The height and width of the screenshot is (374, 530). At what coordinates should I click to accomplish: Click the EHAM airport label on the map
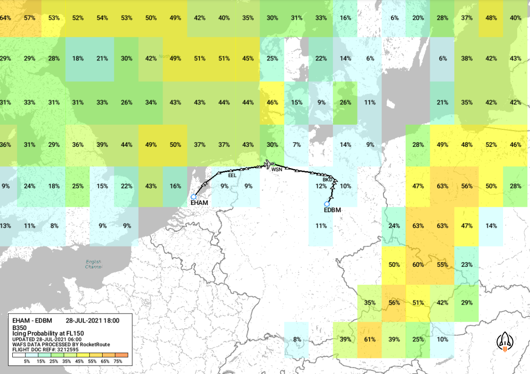[x=200, y=203]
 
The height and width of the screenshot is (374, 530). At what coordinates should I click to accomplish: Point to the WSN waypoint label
[x=277, y=169]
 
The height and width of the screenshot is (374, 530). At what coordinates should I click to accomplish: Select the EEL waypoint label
[x=232, y=175]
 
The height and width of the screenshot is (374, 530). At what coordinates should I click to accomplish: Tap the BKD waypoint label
[x=328, y=180]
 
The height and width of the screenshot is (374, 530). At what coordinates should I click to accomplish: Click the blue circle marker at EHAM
[x=193, y=196]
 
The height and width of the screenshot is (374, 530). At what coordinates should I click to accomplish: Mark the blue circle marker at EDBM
[x=327, y=204]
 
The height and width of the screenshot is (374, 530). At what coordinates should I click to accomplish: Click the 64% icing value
[x=6, y=18]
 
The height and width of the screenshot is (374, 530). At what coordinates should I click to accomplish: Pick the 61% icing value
[x=369, y=340]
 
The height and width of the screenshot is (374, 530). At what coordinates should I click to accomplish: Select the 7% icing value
[x=296, y=144]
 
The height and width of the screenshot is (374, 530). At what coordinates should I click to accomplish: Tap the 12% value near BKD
[x=321, y=186]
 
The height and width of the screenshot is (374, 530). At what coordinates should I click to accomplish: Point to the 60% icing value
[x=418, y=264]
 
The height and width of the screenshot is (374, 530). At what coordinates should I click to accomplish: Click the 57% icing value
[x=30, y=18]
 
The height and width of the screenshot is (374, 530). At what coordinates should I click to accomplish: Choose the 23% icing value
[x=467, y=264]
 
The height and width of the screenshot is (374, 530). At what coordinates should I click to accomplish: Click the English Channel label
[x=94, y=264]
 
